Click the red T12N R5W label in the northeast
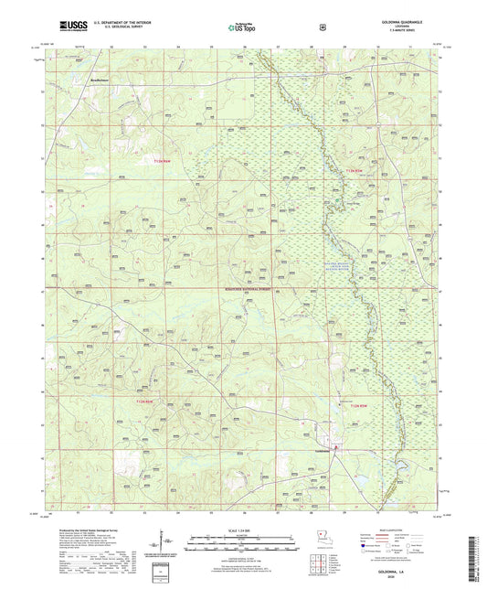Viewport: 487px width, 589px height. coord(355,171)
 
